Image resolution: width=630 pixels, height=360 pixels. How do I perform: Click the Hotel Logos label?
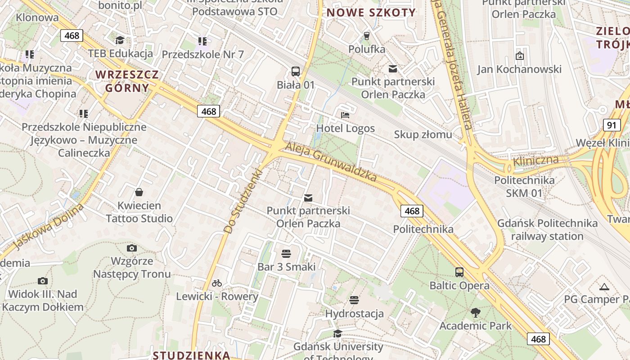(x=345, y=128)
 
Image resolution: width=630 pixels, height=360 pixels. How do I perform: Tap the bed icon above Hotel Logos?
(x=345, y=115)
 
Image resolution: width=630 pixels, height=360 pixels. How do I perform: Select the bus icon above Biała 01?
(x=296, y=71)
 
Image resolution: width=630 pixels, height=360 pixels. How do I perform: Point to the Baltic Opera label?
(x=459, y=286)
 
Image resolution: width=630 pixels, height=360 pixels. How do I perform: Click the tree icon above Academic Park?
(x=475, y=312)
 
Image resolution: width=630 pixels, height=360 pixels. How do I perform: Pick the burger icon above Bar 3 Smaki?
(x=286, y=254)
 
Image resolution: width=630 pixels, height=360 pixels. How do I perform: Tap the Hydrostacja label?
(x=354, y=313)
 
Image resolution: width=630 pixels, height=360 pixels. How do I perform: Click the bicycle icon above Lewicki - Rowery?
(x=217, y=283)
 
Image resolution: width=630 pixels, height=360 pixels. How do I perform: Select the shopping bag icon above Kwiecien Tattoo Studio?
(x=139, y=192)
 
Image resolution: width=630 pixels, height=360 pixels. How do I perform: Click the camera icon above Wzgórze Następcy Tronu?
(x=132, y=248)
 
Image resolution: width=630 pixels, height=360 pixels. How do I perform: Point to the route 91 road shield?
(x=612, y=125)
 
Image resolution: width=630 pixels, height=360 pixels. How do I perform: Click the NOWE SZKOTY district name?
(x=371, y=13)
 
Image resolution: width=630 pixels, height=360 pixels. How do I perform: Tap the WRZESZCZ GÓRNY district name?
(x=127, y=81)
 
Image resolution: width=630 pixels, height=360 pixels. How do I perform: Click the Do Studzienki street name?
(x=243, y=201)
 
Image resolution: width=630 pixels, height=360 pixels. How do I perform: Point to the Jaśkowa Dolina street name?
(x=49, y=226)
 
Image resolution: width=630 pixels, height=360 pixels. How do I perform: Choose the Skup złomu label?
(x=423, y=135)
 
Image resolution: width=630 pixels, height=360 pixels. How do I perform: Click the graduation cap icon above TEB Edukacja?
(x=120, y=40)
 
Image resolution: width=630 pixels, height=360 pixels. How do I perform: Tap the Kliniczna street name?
(x=536, y=161)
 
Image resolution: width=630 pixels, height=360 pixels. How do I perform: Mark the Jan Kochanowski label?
(x=519, y=69)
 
